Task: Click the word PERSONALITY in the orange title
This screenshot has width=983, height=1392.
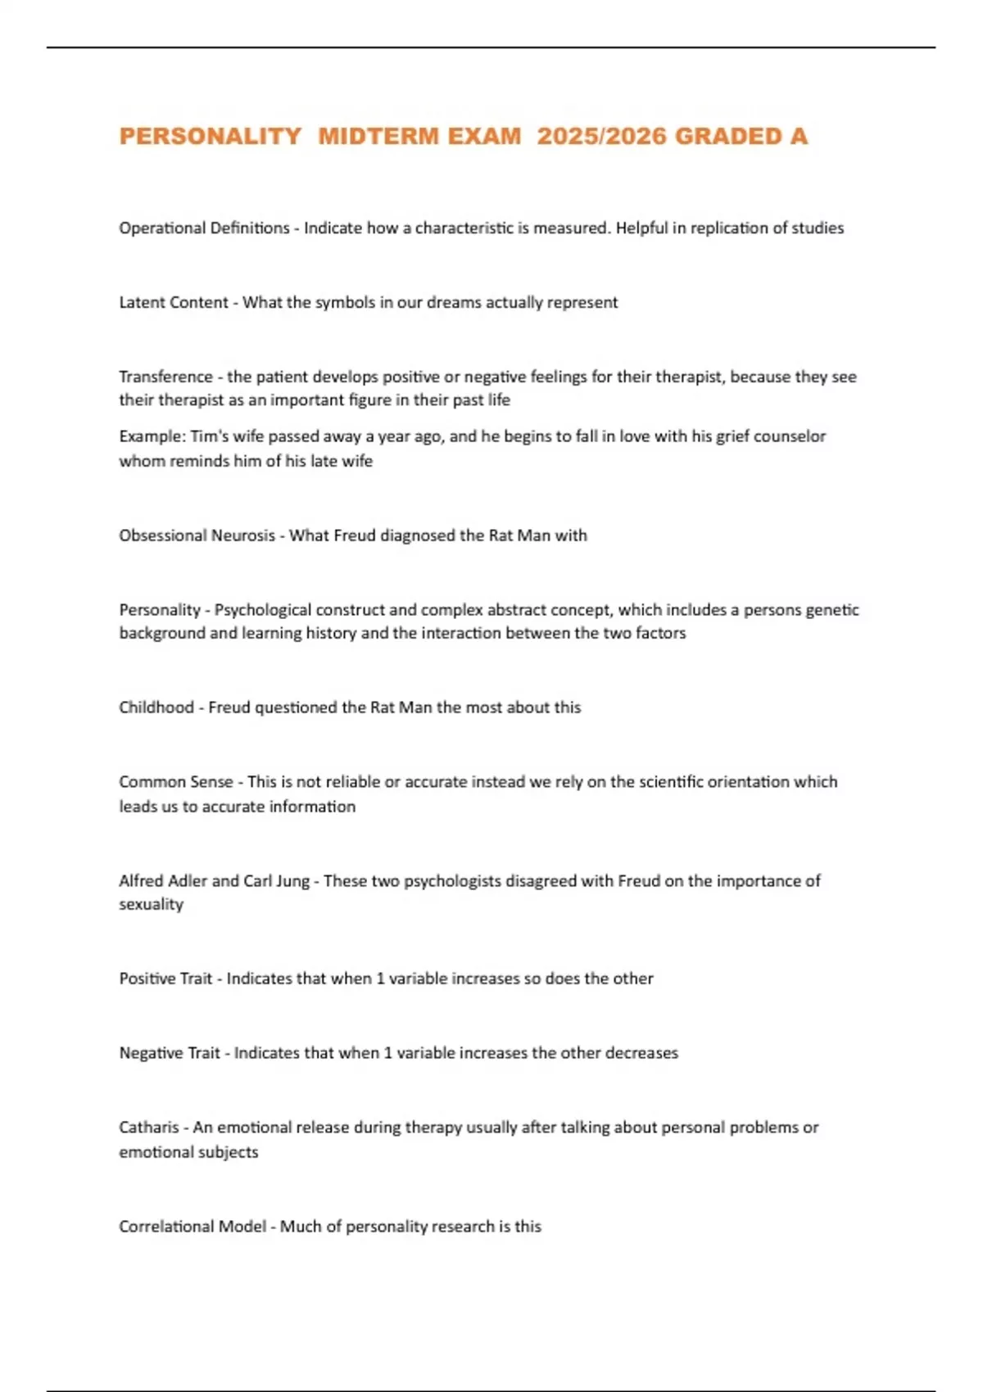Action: point(211,136)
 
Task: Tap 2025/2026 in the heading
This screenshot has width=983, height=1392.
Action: point(602,136)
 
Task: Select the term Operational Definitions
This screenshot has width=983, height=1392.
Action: point(204,228)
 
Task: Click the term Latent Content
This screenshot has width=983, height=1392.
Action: point(174,303)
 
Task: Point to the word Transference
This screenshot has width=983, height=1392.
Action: point(165,377)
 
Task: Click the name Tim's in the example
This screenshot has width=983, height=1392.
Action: point(210,436)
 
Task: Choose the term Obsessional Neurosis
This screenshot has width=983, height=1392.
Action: point(197,536)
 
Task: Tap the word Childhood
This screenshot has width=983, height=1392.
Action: point(156,707)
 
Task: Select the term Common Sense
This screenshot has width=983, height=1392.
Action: point(176,782)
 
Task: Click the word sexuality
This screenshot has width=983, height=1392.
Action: point(151,905)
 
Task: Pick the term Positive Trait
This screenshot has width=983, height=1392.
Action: point(165,978)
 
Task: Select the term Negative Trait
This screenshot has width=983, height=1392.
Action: point(170,1053)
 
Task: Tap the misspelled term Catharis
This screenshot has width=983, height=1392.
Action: point(148,1128)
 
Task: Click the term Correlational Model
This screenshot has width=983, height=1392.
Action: point(193,1227)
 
